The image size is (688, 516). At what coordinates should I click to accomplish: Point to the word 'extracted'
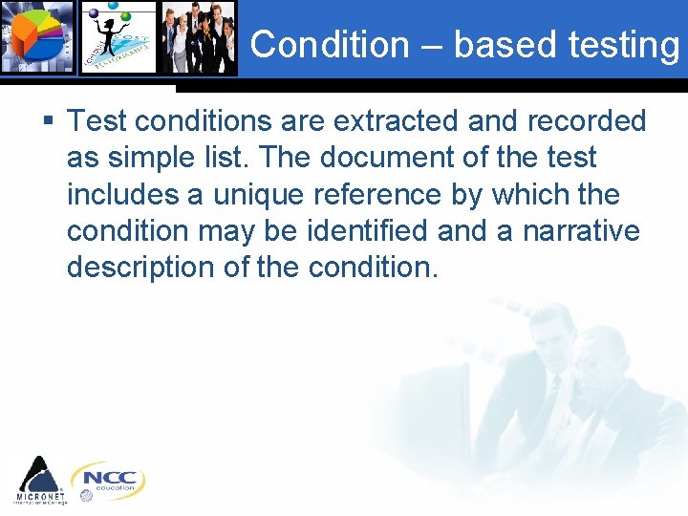[405, 121]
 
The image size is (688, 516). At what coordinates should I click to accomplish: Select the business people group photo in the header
[198, 38]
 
